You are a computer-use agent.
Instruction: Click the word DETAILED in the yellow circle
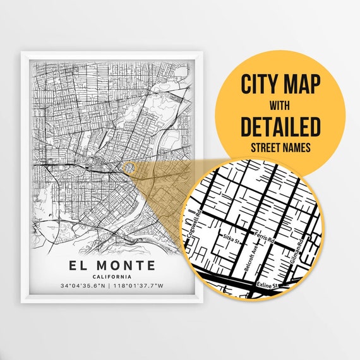pyautogui.click(x=280, y=126)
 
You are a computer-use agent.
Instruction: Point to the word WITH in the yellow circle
pyautogui.click(x=280, y=105)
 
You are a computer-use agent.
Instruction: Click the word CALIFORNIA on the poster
pyautogui.click(x=111, y=277)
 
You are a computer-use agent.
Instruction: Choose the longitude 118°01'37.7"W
pyautogui.click(x=139, y=286)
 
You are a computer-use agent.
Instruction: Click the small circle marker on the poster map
pyautogui.click(x=128, y=167)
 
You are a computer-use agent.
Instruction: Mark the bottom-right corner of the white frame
pyautogui.click(x=202, y=302)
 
